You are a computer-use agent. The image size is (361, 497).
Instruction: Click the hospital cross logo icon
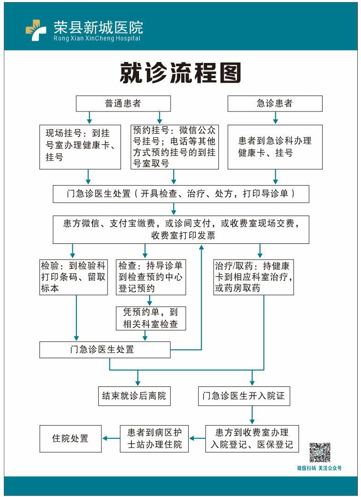(36, 30)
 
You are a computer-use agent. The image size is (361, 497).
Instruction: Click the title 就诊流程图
(180, 73)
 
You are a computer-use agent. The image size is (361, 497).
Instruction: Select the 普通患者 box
(123, 104)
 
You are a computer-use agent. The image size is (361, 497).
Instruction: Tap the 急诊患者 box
(275, 104)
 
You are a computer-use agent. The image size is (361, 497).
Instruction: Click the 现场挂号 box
(80, 147)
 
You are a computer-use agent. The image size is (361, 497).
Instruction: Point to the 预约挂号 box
(175, 147)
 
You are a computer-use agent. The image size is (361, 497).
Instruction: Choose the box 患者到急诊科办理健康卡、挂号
(275, 147)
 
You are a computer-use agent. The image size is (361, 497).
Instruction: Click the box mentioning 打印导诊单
(181, 194)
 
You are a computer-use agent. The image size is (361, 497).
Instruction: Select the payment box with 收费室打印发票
(181, 230)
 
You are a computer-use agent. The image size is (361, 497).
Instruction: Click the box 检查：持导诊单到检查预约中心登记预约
(151, 277)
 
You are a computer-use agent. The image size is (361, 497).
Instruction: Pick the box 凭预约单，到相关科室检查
(151, 318)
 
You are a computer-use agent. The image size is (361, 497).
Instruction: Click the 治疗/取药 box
(253, 277)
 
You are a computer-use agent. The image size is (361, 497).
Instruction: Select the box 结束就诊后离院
(134, 396)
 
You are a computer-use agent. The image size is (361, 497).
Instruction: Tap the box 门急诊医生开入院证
(244, 396)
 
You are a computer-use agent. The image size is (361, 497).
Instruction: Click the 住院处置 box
(70, 439)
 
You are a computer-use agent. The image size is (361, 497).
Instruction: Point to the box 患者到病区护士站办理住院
(154, 439)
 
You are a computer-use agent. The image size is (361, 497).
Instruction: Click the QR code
(320, 452)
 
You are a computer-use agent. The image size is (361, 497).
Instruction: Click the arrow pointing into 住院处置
(111, 439)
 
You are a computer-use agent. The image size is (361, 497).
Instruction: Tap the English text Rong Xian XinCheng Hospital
(97, 38)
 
